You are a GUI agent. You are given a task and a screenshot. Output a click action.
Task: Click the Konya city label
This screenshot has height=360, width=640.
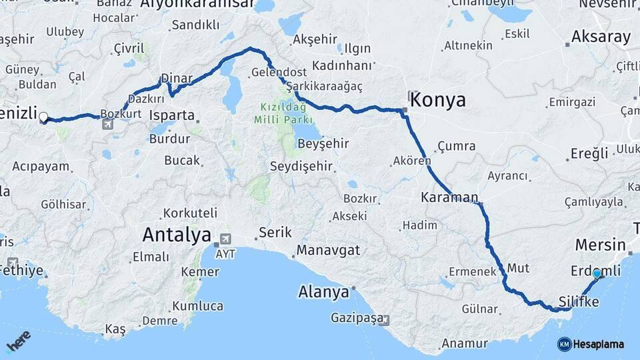pos(437,100)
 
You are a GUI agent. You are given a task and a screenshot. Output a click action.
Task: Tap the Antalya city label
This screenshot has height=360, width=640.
pos(177,235)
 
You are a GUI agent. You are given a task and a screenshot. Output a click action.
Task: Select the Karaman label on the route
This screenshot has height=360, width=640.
pos(449,197)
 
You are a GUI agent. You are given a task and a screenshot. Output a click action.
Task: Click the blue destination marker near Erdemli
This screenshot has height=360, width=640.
pos(597,273)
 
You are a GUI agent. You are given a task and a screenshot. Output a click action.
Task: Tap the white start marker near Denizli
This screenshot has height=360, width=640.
pos(43,117)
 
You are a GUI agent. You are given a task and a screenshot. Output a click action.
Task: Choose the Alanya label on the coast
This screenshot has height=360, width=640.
pos(323,292)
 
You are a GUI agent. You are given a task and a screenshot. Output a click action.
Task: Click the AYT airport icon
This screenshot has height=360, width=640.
pos(225,239)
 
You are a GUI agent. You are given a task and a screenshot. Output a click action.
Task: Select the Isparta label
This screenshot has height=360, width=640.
pos(172,115)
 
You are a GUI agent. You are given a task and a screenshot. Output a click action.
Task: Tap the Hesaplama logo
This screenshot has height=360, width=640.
pos(591,344)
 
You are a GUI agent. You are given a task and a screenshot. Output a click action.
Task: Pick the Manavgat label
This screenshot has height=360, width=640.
pos(329,250)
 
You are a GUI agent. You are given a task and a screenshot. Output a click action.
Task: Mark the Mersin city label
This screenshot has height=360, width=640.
pos(600,244)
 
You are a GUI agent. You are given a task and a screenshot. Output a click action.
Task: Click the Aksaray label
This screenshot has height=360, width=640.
pos(601,37)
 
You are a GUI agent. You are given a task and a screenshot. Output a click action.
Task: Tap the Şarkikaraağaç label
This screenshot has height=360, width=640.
pos(329,87)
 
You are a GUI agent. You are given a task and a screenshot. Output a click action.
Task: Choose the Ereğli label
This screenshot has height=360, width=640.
pos(589,153)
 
